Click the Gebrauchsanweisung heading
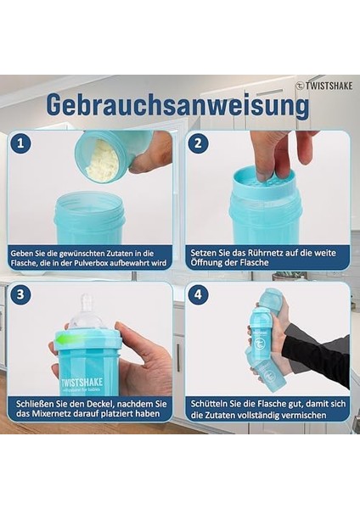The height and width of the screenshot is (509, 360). point(178,105)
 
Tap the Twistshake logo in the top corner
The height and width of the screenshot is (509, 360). point(324,86)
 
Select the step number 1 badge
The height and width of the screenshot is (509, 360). point(20,143)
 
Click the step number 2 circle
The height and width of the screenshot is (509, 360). point(198,143)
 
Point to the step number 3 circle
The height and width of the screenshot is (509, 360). point(20,294)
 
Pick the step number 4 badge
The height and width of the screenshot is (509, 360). point(198,294)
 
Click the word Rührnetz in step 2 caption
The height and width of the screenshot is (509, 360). point(265,253)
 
